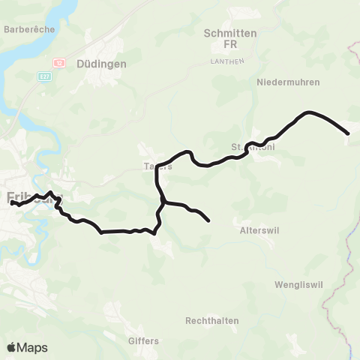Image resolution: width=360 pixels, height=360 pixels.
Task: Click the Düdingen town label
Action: click(x=100, y=64)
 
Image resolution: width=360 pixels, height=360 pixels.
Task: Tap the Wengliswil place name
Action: click(x=297, y=285)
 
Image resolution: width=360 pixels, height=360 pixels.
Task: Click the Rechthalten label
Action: click(x=212, y=320)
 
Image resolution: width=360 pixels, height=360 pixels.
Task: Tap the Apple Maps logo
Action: click(x=27, y=347)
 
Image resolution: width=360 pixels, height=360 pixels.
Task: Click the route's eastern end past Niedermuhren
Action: click(x=348, y=133)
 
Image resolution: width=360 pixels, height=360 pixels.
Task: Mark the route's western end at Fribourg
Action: click(x=11, y=202)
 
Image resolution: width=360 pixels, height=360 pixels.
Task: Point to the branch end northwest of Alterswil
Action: click(x=208, y=220)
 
